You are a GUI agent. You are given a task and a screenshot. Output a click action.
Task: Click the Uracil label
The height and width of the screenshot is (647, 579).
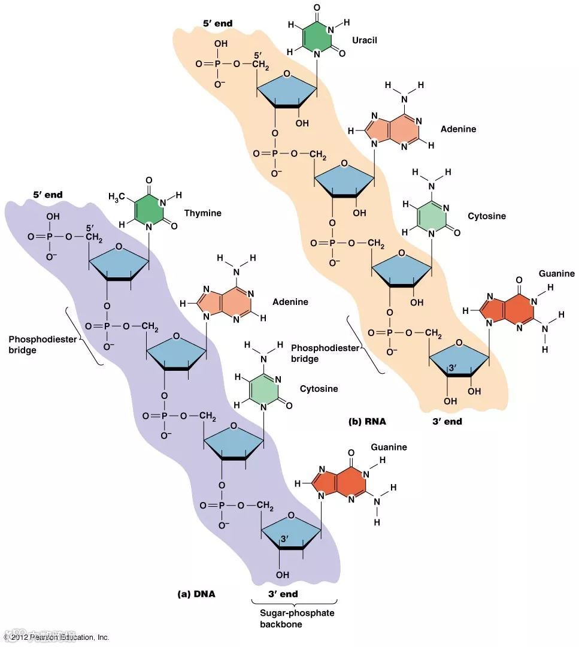click(365, 40)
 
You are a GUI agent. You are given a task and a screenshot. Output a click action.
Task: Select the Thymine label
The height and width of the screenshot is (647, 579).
click(202, 213)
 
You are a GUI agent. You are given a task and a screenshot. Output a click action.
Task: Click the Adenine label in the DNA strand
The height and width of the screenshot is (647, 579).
click(290, 302)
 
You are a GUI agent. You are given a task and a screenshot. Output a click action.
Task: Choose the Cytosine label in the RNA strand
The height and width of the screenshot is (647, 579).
click(487, 216)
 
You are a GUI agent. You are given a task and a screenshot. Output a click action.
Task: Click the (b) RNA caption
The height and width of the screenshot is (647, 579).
click(367, 421)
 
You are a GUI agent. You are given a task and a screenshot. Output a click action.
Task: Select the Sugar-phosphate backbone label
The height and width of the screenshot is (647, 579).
click(293, 618)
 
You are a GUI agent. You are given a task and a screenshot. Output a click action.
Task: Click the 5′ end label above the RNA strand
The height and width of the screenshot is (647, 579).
click(217, 23)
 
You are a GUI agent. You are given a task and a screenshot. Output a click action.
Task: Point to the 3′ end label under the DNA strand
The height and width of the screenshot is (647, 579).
click(284, 594)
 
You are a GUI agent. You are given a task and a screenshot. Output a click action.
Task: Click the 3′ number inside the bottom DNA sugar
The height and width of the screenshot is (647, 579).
click(285, 539)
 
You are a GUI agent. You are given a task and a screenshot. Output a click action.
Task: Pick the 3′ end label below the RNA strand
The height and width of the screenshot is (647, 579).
click(447, 421)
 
